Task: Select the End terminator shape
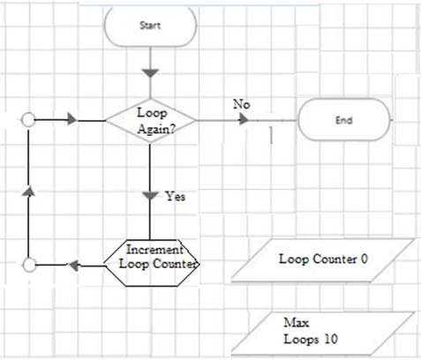tap(344, 120)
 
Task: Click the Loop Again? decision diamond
tap(151, 121)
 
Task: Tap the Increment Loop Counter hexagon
tap(151, 257)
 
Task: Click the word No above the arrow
tap(241, 104)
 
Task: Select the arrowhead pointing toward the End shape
tap(244, 120)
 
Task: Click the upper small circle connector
tap(28, 120)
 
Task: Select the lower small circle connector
tap(28, 264)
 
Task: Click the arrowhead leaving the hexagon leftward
tap(76, 264)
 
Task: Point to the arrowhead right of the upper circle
tap(72, 120)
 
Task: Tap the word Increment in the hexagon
tap(151, 250)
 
